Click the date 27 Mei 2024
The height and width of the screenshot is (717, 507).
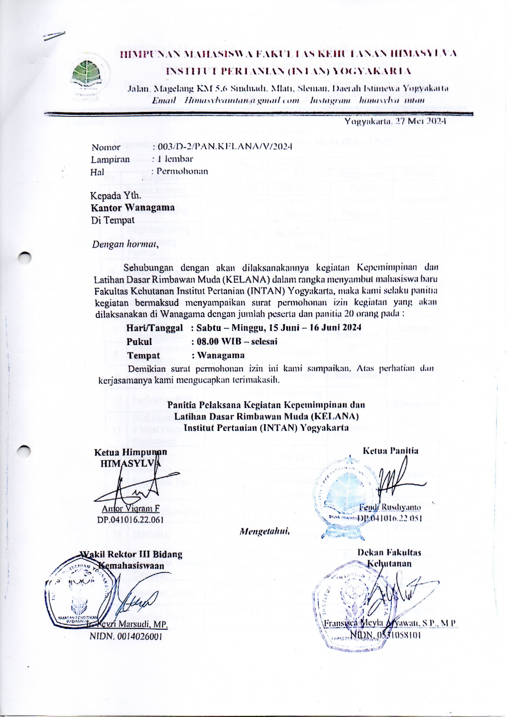tap(395, 121)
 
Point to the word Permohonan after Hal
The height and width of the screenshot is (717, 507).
tap(182, 171)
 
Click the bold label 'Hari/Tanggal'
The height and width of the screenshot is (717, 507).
tap(154, 328)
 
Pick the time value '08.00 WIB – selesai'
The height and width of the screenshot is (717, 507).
tap(237, 341)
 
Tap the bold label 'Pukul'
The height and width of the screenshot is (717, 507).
tap(139, 341)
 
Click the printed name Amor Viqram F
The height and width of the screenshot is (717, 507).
tap(131, 509)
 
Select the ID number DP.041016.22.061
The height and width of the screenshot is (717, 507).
tap(131, 520)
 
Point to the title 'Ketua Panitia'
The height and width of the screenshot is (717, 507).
tap(391, 451)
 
